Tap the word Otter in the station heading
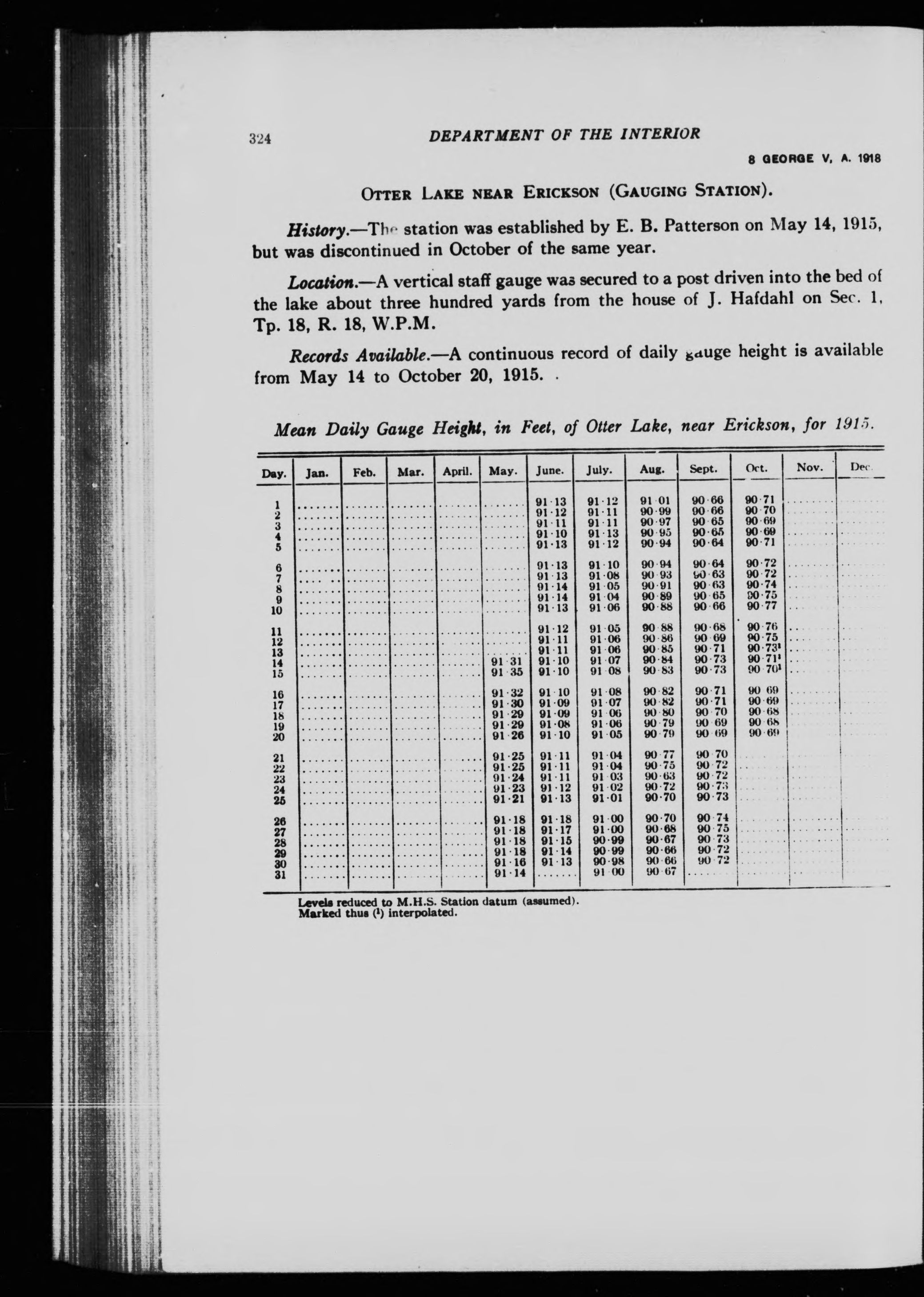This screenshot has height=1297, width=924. coord(387,193)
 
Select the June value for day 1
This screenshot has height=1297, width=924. coord(551,502)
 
